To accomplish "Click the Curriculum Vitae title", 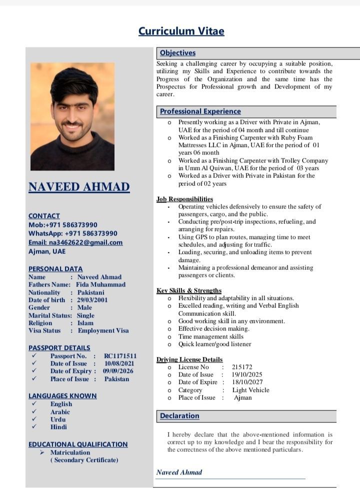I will [x=181, y=31].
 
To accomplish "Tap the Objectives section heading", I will [x=177, y=53].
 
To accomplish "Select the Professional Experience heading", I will [x=200, y=111].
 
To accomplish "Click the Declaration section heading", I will [x=179, y=416].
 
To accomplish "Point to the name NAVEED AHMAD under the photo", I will [x=79, y=187].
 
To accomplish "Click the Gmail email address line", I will [x=75, y=242].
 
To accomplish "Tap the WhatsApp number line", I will [x=73, y=233].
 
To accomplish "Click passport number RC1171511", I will [x=120, y=356].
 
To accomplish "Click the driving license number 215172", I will [x=242, y=367].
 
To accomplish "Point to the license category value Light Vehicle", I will [x=250, y=390].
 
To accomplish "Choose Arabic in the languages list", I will [x=60, y=412].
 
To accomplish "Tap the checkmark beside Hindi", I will [x=34, y=427].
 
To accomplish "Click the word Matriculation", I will [x=70, y=452].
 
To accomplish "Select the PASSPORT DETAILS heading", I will [x=59, y=347].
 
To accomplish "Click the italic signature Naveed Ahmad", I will [x=179, y=472].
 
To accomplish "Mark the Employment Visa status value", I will [x=103, y=330].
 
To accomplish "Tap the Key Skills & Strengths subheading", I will [x=189, y=290].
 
